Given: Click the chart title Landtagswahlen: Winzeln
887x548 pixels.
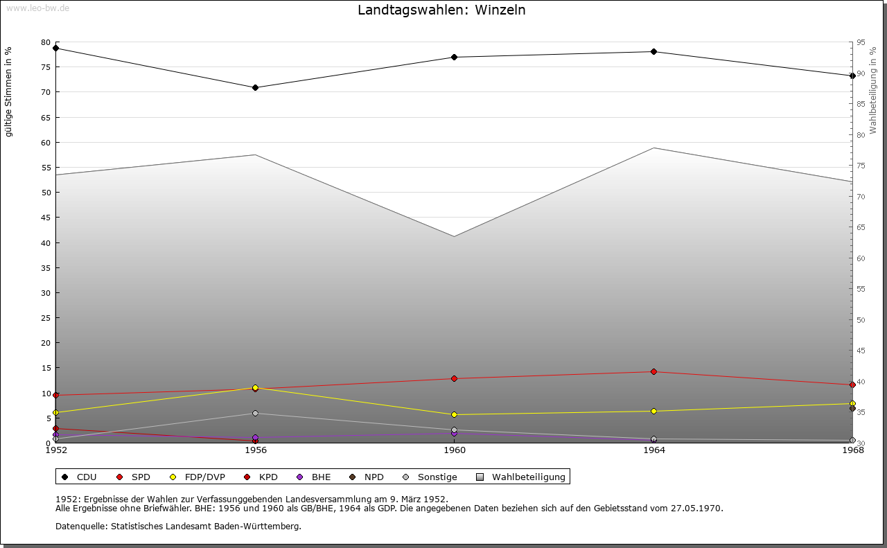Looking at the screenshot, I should coord(441,10).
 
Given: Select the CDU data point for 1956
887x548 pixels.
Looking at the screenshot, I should coord(255,88).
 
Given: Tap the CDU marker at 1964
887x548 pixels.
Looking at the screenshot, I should coord(653,51).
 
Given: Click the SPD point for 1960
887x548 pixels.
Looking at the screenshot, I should coord(455,378).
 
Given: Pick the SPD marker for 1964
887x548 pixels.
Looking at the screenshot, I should coord(653,371).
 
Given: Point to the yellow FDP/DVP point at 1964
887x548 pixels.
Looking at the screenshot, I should coord(653,411).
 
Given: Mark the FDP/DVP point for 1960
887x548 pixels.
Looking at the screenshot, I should coord(455,415).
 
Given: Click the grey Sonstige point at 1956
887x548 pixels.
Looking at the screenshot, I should coord(255,414).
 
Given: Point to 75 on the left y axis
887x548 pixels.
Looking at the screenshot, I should coord(46,67).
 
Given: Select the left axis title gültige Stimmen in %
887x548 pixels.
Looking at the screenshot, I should coord(9,91).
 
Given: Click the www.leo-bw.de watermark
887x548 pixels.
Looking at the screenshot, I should coord(37,8).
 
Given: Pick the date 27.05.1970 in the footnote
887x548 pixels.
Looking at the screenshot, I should coord(696,508).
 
